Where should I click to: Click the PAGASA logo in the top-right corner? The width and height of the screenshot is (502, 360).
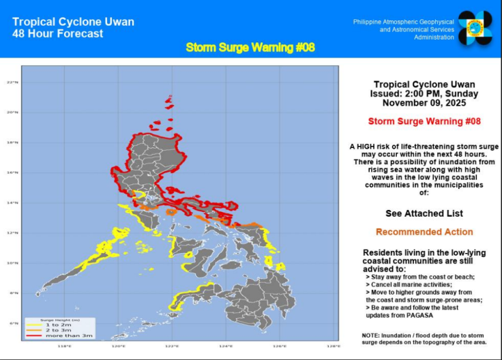475,28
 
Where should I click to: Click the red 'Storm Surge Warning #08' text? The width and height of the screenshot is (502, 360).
424,121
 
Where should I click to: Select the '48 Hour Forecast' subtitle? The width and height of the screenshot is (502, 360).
58,33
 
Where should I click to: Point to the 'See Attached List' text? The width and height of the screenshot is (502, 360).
424,213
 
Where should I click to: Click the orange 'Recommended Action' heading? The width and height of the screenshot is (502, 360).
424,232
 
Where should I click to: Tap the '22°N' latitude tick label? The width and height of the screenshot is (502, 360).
12,82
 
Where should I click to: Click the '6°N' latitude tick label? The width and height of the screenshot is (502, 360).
13,322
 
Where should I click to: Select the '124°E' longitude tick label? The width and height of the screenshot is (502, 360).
226,346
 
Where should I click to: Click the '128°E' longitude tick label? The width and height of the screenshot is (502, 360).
334,346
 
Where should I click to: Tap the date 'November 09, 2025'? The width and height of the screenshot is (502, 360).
424,103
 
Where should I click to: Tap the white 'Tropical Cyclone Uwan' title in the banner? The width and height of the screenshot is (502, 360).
73,22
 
